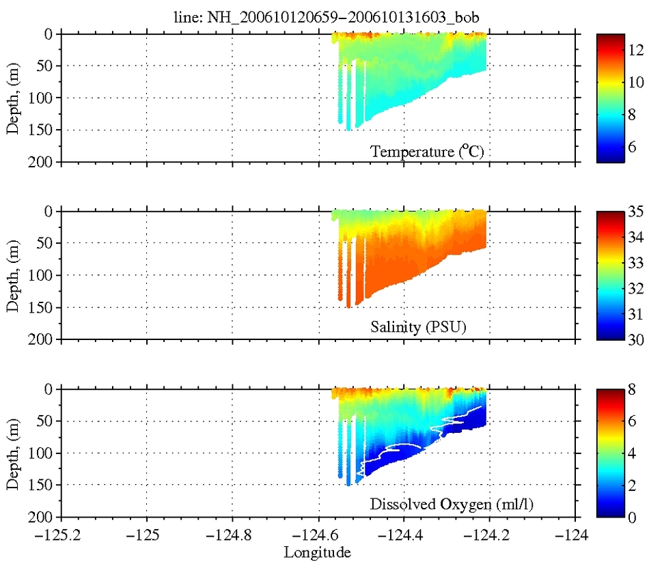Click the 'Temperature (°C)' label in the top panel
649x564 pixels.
[x=427, y=152]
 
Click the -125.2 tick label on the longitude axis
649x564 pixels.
[x=61, y=535]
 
